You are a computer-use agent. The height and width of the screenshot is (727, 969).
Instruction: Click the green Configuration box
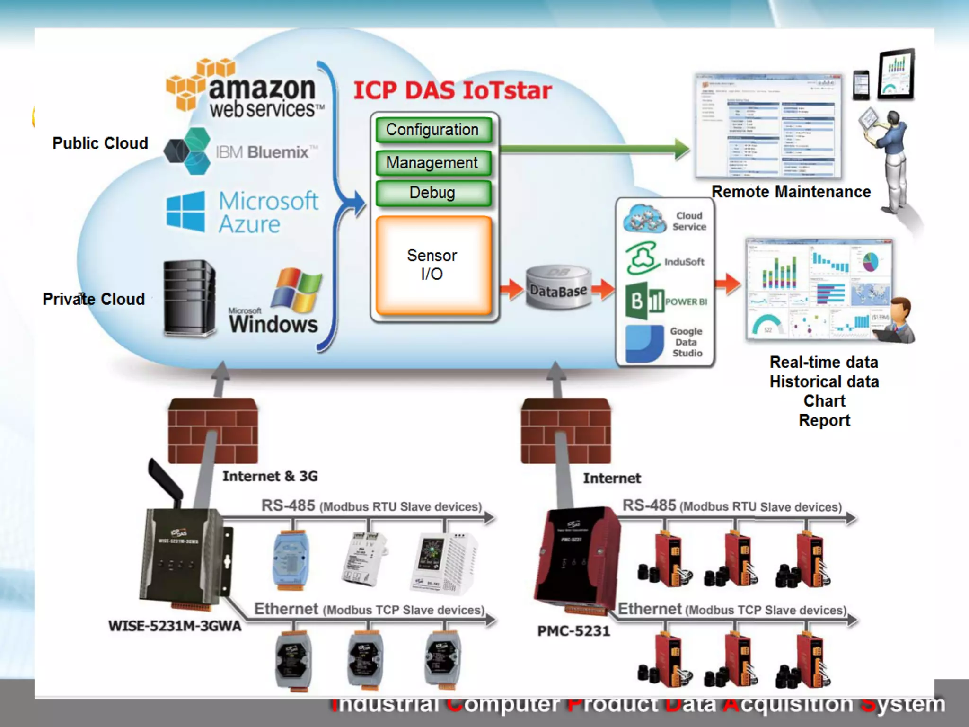(x=433, y=130)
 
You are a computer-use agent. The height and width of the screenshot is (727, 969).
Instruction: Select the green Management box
(x=433, y=163)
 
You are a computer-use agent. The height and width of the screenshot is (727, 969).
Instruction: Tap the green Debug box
(x=433, y=193)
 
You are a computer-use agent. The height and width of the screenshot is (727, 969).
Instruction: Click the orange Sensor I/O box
(x=433, y=265)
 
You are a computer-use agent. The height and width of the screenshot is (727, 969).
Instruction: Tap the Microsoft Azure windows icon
(x=185, y=212)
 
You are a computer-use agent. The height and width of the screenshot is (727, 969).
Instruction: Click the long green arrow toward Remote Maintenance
(x=591, y=149)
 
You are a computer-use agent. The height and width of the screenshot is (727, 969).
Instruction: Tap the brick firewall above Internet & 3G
(x=213, y=431)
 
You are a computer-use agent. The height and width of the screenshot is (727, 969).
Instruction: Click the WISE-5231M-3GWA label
(x=175, y=626)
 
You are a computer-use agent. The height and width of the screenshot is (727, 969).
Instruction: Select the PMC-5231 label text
(x=573, y=631)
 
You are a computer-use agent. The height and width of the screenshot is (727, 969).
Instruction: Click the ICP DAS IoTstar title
(x=452, y=90)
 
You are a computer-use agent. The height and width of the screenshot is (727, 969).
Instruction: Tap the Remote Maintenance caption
(x=791, y=192)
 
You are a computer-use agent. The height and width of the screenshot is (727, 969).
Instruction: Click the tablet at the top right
(x=896, y=74)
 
